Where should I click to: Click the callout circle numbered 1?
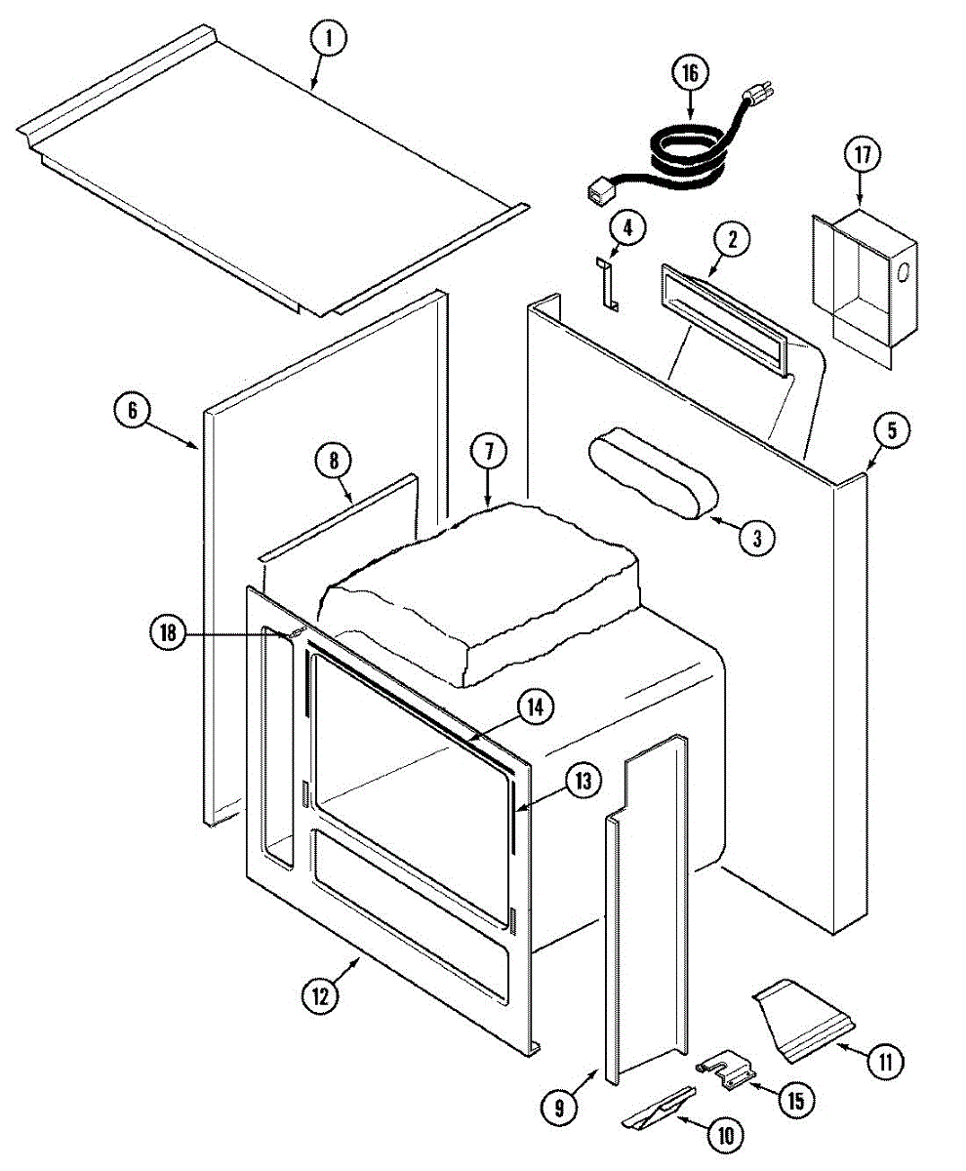pyautogui.click(x=329, y=40)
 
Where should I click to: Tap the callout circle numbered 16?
pyautogui.click(x=690, y=72)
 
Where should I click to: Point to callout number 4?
pyautogui.click(x=627, y=228)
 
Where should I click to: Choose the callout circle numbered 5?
pyautogui.click(x=892, y=430)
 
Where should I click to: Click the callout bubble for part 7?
pyautogui.click(x=488, y=451)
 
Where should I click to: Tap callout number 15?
pyautogui.click(x=795, y=1101)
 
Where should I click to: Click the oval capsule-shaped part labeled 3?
pyautogui.click(x=651, y=482)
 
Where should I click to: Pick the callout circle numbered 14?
pyautogui.click(x=534, y=707)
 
